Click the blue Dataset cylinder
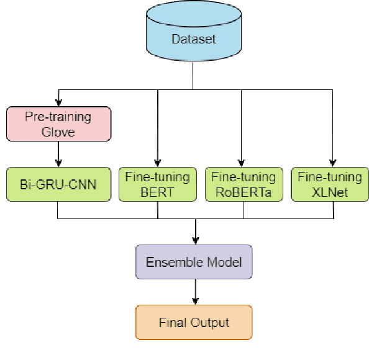point(193,38)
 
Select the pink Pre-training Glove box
point(58,124)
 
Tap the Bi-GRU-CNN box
point(58,184)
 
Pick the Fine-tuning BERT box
point(157,184)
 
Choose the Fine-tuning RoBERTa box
point(244,184)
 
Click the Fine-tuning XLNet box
point(330,184)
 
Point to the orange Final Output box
point(194,322)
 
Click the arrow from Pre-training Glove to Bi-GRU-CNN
point(58,153)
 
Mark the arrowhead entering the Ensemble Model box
point(196,241)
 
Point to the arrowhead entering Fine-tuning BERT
point(157,163)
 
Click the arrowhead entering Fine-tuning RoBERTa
point(244,163)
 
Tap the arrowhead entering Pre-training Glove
point(58,102)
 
